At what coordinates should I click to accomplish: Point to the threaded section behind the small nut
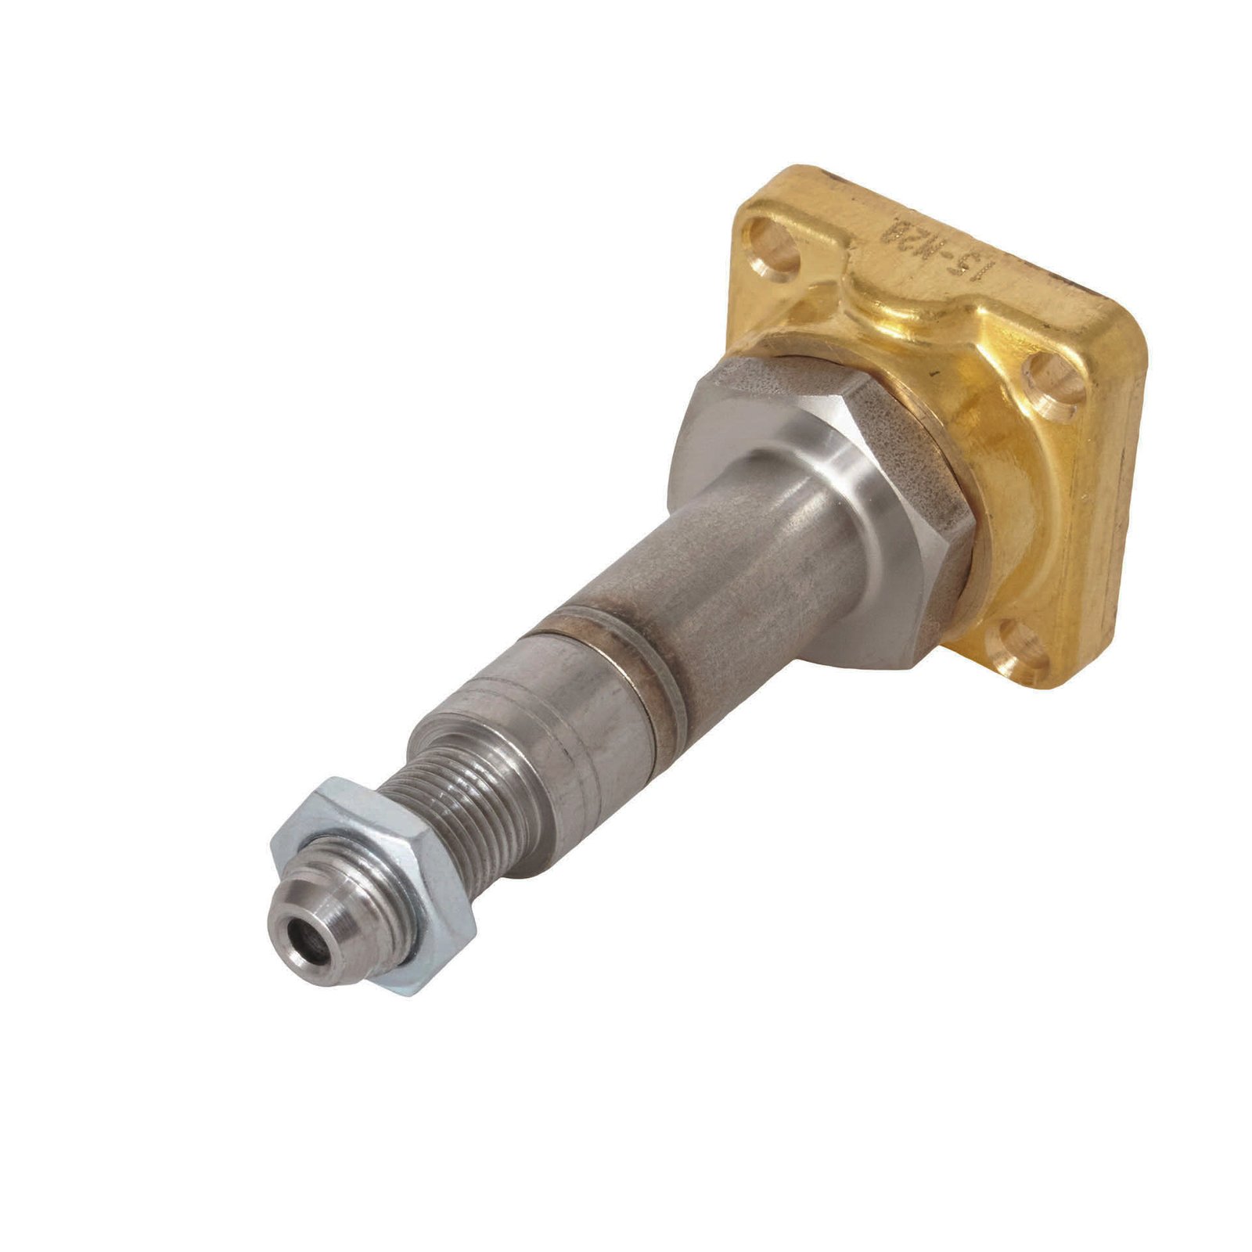click(x=462, y=814)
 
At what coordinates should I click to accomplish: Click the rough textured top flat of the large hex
click(x=790, y=391)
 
